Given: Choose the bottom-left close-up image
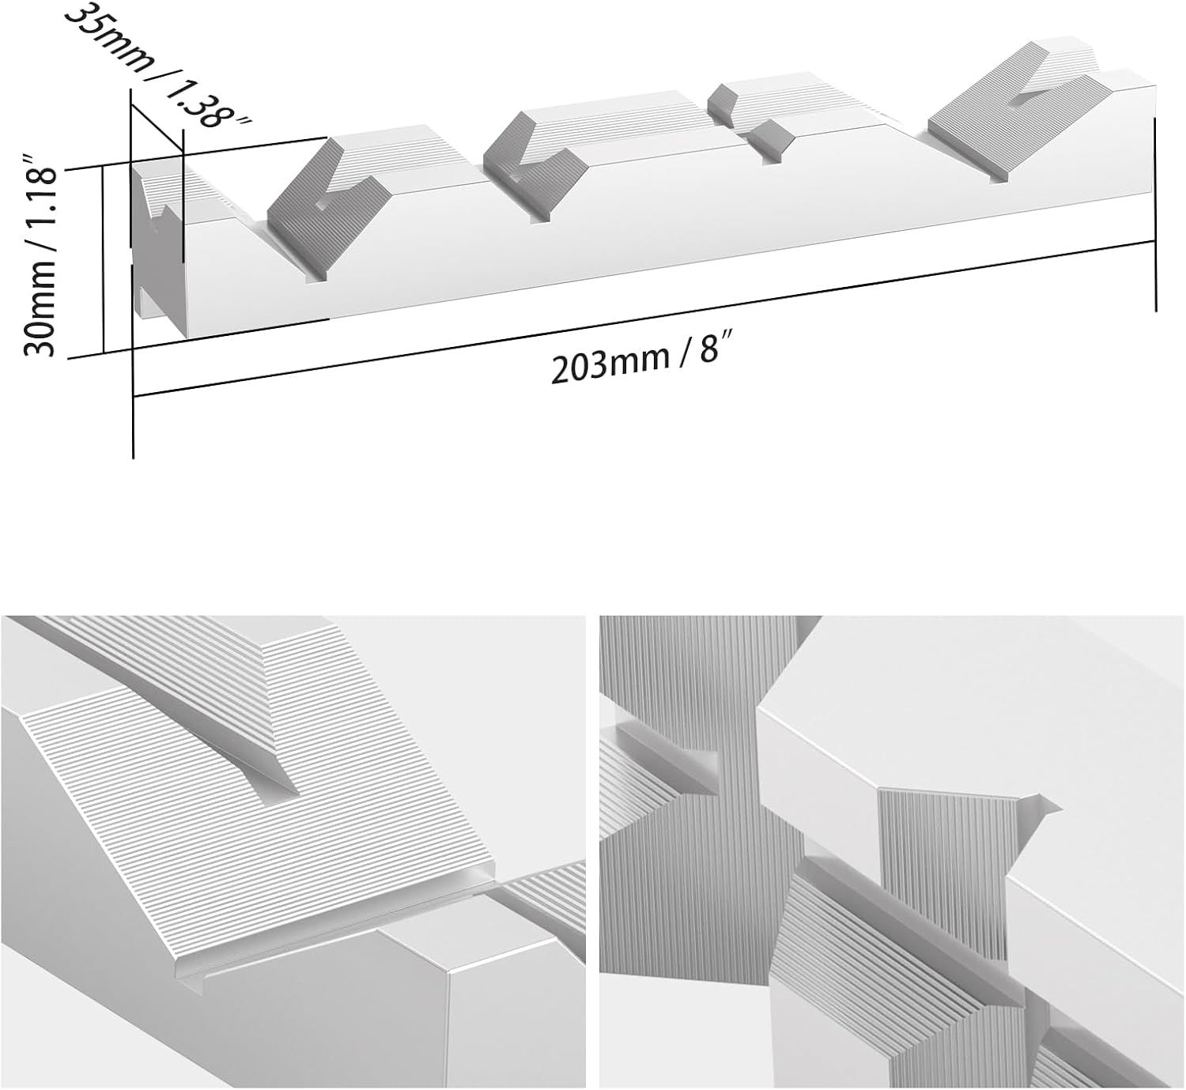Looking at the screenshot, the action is click(293, 852).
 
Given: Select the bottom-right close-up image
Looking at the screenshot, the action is click(892, 852).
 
